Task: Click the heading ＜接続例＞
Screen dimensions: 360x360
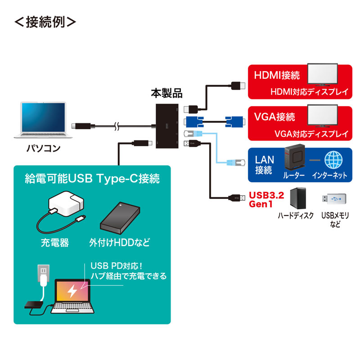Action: pos(45,22)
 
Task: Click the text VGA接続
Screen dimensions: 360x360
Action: pos(274,117)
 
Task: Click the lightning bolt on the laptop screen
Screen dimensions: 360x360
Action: pos(72,291)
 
